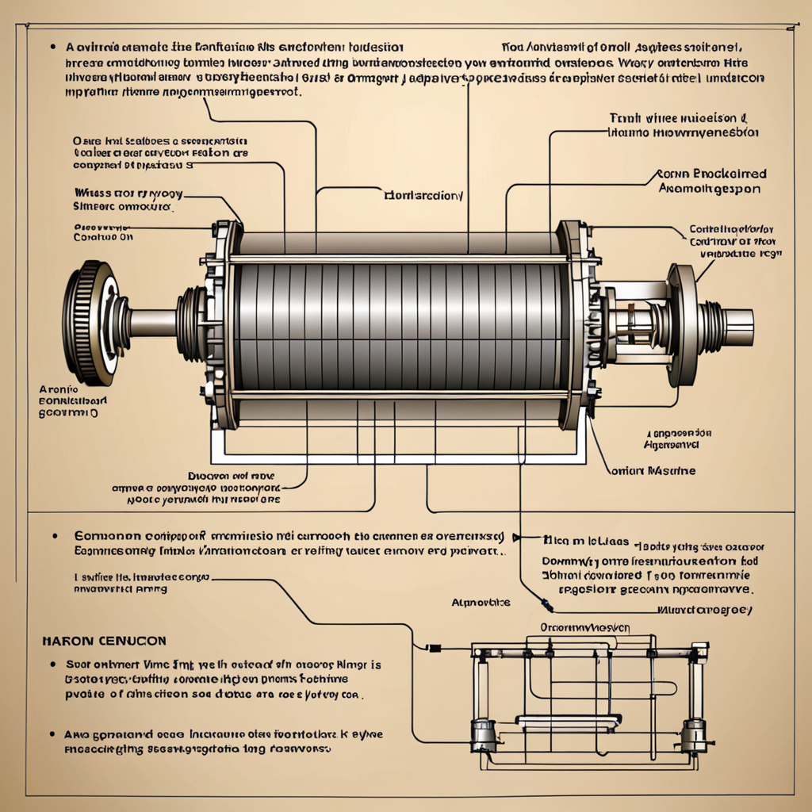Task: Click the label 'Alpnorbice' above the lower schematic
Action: pyautogui.click(x=481, y=602)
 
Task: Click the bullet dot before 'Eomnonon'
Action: pyautogui.click(x=55, y=535)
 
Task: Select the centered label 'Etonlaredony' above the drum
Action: pyautogui.click(x=423, y=193)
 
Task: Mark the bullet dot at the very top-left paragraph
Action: pyautogui.click(x=52, y=47)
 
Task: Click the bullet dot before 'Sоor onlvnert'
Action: pyautogui.click(x=52, y=666)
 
